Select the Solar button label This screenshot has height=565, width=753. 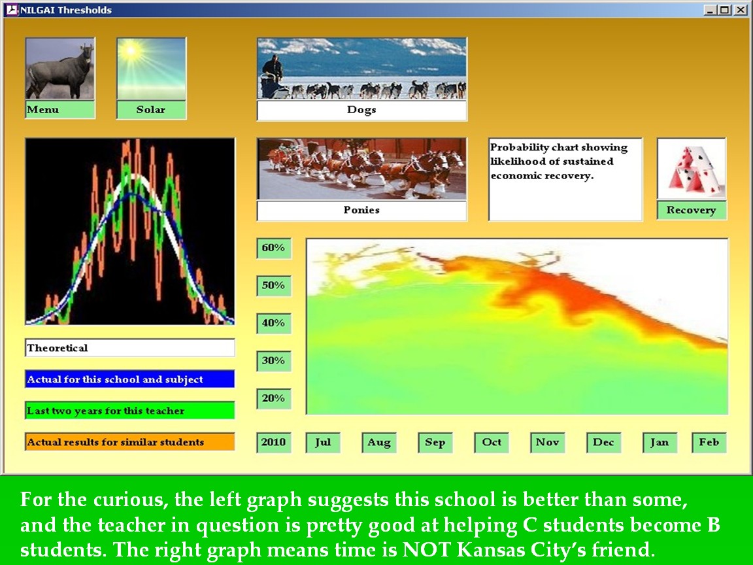tap(151, 110)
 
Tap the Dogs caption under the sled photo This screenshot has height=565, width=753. tap(361, 110)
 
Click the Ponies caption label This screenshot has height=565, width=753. tap(361, 211)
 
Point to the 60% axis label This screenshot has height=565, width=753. tap(274, 248)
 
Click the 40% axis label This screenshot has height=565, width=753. tap(274, 323)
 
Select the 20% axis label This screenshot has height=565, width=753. tap(274, 398)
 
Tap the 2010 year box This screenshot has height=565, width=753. tap(274, 443)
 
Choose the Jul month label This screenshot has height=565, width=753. tap(323, 443)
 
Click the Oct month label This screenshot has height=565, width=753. tap(492, 443)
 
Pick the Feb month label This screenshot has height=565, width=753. tap(709, 443)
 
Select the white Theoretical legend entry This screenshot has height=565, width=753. tap(129, 348)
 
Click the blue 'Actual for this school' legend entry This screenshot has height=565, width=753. tap(129, 379)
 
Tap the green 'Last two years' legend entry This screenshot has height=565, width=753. tap(129, 411)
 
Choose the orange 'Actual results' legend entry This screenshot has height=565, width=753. tap(129, 442)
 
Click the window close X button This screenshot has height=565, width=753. tap(741, 10)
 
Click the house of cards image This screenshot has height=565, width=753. tap(692, 169)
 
